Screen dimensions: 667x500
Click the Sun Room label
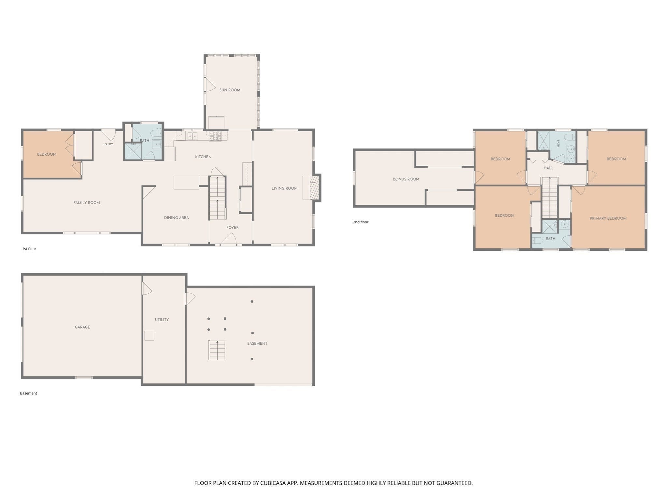230,90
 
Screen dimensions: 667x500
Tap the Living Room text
284,188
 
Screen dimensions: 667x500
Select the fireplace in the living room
312,188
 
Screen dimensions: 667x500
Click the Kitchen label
203,157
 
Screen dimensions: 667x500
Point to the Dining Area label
176,218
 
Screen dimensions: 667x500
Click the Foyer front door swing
229,240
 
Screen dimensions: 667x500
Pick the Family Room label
87,203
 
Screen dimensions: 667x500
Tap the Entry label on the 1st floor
108,144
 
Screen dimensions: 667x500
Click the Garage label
82,327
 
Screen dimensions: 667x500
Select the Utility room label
162,320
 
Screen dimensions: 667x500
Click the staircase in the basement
217,350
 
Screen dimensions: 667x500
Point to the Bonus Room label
406,179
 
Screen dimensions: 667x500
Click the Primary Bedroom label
608,218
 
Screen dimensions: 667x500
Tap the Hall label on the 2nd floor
548,168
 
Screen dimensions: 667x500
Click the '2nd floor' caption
361,222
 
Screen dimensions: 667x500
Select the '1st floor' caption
29,249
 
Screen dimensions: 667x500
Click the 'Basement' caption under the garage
28,393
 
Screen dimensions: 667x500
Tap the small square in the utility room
149,336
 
